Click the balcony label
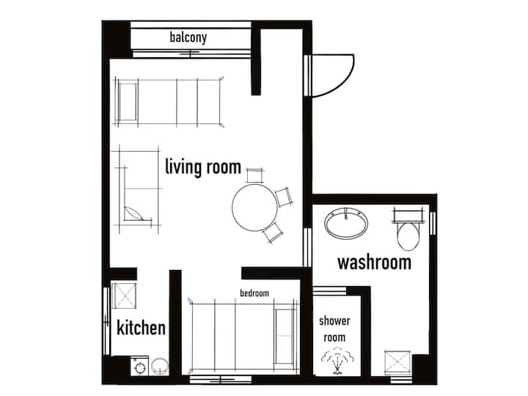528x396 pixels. click(188, 37)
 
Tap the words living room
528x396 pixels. click(203, 167)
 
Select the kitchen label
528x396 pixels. click(141, 328)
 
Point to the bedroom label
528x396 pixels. click(254, 293)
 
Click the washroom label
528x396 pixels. click(375, 263)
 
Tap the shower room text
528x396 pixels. click(334, 329)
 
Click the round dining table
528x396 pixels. click(255, 207)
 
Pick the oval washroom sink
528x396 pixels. click(346, 223)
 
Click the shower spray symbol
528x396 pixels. click(337, 362)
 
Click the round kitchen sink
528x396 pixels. click(159, 366)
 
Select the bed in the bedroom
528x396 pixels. click(243, 337)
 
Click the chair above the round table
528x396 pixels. click(254, 175)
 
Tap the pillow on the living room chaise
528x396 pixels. click(134, 214)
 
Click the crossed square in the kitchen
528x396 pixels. click(124, 296)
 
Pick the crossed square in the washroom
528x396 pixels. click(397, 363)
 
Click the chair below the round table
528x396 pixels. click(273, 232)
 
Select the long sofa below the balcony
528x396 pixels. click(169, 102)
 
